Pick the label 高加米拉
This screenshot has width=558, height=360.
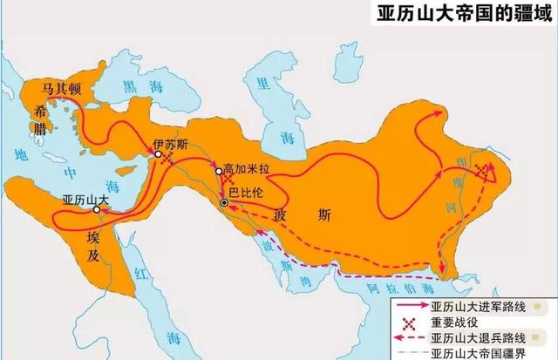pos(247,166)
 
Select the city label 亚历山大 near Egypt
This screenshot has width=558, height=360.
pos(85,198)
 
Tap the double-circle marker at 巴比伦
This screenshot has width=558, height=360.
pos(224,203)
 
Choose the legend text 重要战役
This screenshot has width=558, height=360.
pos(454,323)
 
